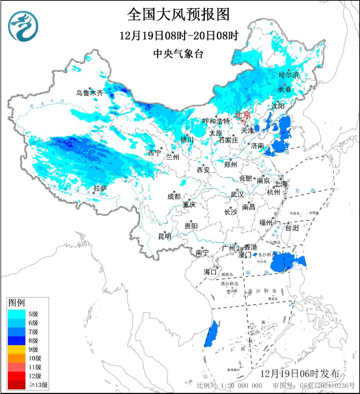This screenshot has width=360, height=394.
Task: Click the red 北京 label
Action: [242, 115]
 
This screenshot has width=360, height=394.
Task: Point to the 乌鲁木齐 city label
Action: [89, 93]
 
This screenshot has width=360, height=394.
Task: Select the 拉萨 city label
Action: [100, 189]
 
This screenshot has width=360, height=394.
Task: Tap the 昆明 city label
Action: [165, 237]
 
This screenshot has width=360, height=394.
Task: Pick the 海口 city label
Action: [210, 272]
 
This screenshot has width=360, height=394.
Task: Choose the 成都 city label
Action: [174, 196]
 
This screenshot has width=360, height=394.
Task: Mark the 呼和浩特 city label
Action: [216, 121]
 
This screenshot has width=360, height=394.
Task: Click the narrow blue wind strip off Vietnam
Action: [211, 333]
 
